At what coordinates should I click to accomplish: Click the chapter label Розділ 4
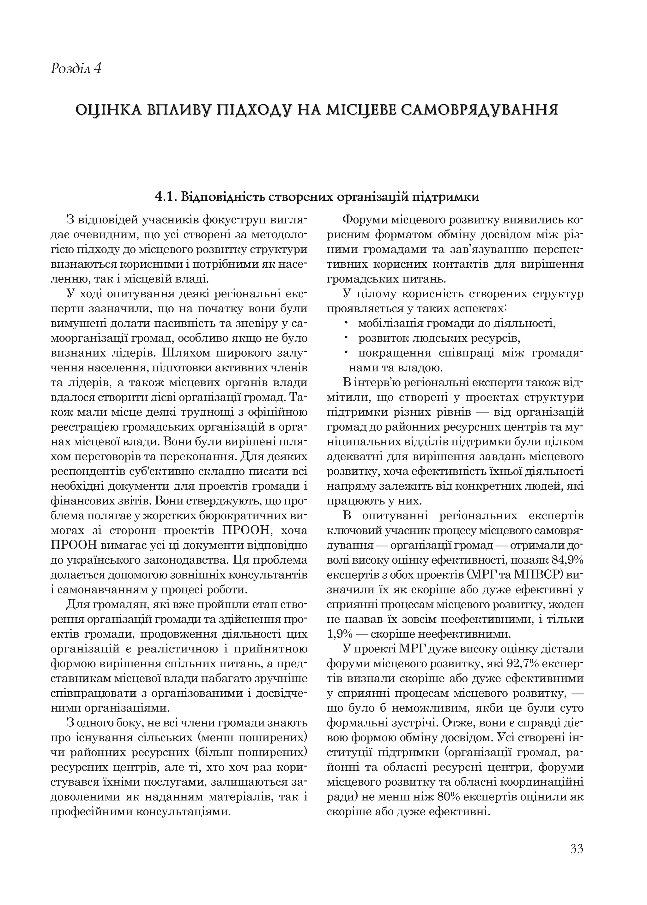pyautogui.click(x=76, y=69)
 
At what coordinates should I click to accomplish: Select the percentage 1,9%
pyautogui.click(x=338, y=634)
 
